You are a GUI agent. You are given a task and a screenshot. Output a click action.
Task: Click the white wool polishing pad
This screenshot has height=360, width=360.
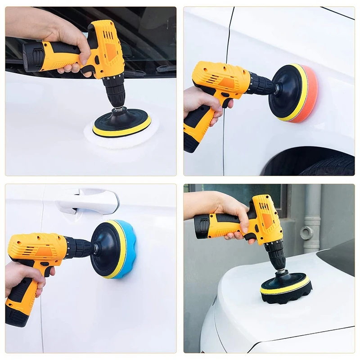click(x=121, y=137)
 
